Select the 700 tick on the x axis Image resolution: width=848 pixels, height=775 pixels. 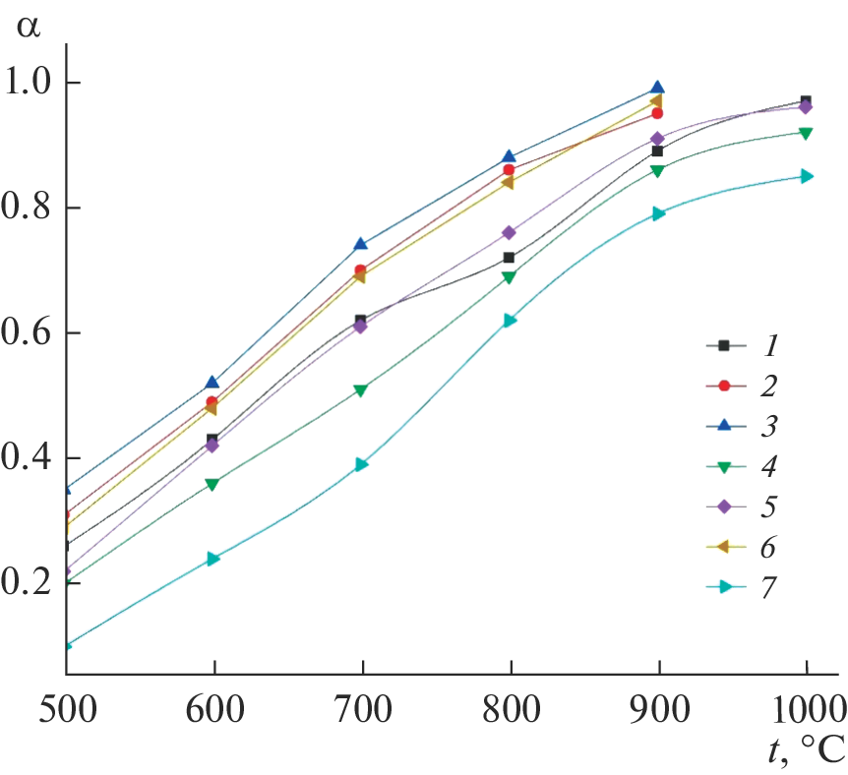(x=362, y=707)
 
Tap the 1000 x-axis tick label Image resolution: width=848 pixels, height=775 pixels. (x=805, y=707)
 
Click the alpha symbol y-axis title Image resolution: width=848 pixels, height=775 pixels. (x=30, y=26)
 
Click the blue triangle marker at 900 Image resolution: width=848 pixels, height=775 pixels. (x=657, y=89)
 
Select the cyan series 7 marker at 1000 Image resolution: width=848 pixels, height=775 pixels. (x=806, y=176)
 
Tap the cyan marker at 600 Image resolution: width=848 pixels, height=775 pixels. (x=213, y=559)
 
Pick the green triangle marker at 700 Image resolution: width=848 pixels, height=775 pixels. (x=361, y=390)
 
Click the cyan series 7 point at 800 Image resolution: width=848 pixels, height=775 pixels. (x=510, y=320)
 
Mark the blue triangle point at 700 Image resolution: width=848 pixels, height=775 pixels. (x=361, y=244)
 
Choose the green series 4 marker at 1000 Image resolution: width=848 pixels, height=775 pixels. (x=806, y=133)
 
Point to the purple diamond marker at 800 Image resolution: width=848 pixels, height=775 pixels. (x=510, y=233)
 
